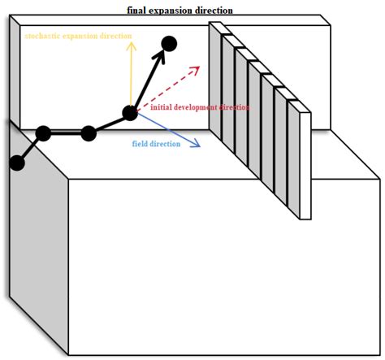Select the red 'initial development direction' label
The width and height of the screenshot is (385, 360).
200,107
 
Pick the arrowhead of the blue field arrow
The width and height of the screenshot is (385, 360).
197,147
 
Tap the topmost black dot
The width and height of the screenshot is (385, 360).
169,43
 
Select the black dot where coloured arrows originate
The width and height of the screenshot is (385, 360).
131,113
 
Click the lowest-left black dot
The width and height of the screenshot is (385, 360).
16,163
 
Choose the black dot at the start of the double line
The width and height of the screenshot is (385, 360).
44,133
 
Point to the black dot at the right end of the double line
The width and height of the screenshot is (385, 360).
89,133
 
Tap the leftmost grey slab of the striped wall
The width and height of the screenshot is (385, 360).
216,85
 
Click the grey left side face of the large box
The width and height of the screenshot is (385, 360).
37,244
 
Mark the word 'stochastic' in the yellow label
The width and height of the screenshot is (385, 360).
41,37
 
